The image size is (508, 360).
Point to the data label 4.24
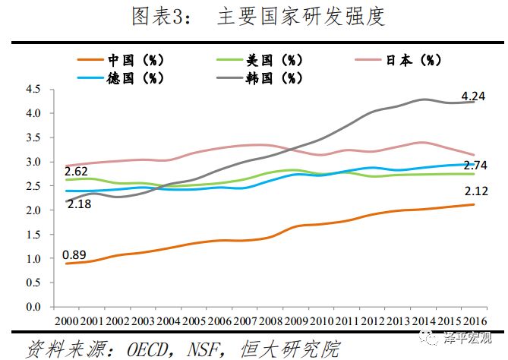(475, 96)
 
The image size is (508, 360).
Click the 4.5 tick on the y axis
(33, 89)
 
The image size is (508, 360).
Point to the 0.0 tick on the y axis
(33, 308)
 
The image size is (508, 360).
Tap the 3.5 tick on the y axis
(33, 137)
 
